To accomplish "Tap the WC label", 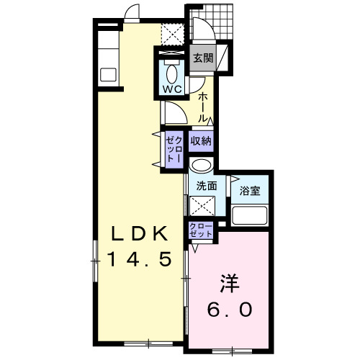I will coord(171,90).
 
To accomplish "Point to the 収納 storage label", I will coord(201,141).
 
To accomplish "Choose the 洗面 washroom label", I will coord(206,186).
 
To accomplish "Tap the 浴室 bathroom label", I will coord(251,192).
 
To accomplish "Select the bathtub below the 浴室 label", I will coord(249,215).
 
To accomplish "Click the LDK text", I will coord(139,234).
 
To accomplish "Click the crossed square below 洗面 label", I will coord(202,207).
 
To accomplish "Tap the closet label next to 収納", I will coord(174,148).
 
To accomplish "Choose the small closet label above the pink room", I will coord(201,230).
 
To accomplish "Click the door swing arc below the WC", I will coord(174,112).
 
